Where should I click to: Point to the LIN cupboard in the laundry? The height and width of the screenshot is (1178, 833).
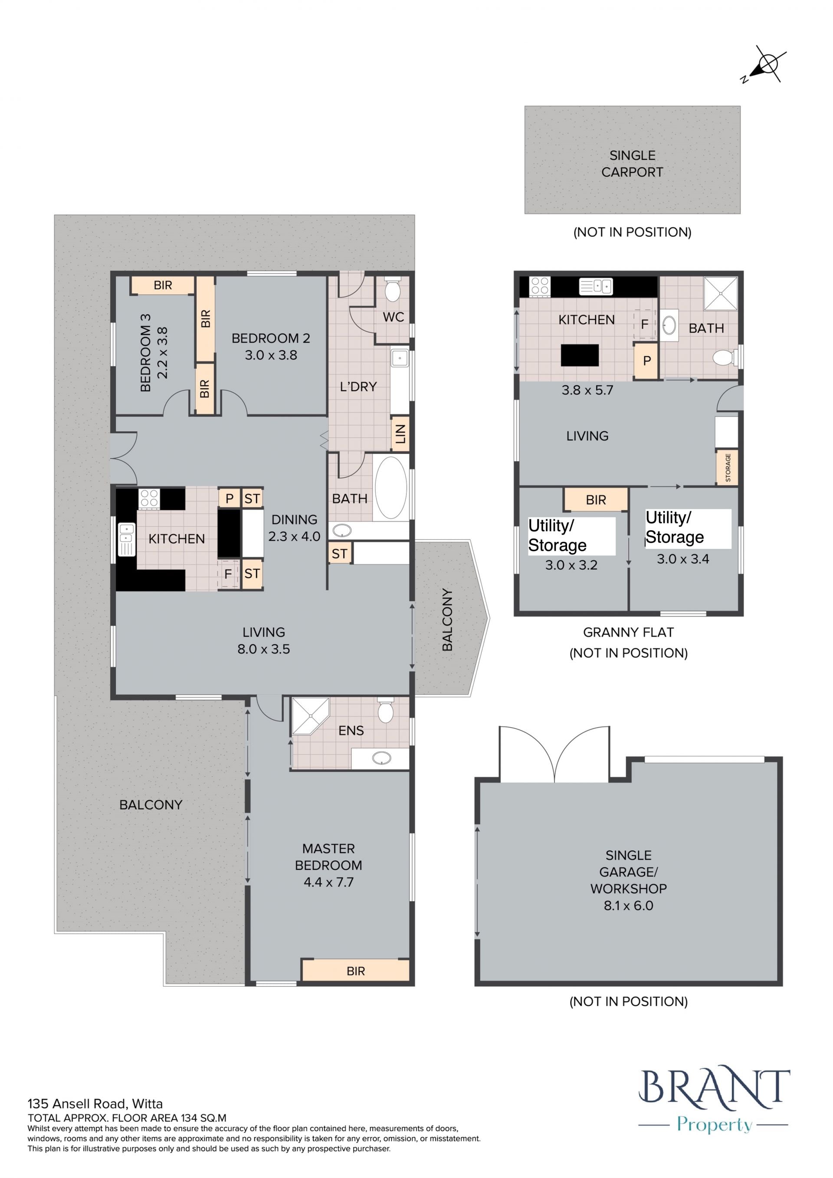pyautogui.click(x=400, y=434)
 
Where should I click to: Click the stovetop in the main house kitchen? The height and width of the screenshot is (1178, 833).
pyautogui.click(x=149, y=499)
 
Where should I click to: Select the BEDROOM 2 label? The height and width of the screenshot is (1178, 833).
pyautogui.click(x=271, y=338)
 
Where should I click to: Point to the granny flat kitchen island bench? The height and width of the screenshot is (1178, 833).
pyautogui.click(x=580, y=355)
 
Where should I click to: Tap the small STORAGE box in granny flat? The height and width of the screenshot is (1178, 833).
pyautogui.click(x=727, y=467)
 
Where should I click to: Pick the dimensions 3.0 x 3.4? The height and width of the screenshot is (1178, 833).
pyautogui.click(x=683, y=559)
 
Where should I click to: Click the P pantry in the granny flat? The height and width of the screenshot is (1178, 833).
pyautogui.click(x=646, y=361)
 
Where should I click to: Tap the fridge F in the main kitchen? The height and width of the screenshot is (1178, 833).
pyautogui.click(x=228, y=574)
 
